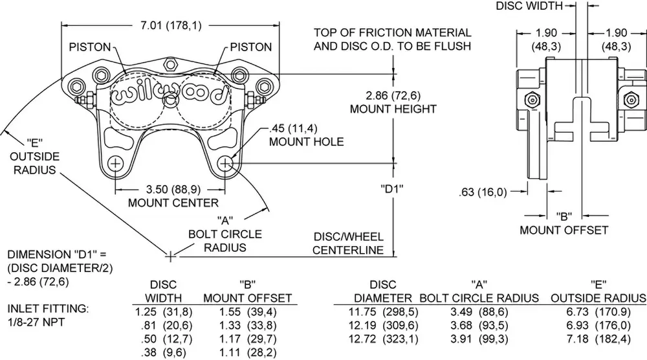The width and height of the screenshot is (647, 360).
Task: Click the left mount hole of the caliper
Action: point(116,164)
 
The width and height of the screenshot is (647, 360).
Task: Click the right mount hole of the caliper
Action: point(226,164)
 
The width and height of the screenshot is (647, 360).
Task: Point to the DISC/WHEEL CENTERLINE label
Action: point(348,243)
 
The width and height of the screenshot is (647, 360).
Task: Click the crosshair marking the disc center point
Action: point(170,256)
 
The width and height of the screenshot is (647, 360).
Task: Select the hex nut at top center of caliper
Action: point(171,63)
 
